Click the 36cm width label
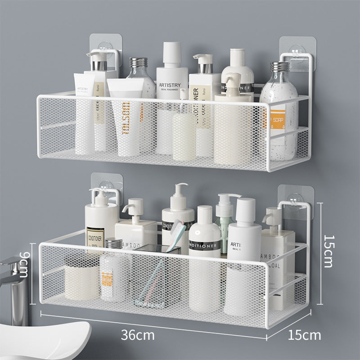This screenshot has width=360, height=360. click(138, 335)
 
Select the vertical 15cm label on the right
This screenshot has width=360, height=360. click(328, 251)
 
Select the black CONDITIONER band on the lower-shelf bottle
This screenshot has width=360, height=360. click(205, 246)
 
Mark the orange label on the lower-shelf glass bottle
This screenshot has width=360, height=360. click(107, 278)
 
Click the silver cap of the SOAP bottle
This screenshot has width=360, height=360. click(279, 67)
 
